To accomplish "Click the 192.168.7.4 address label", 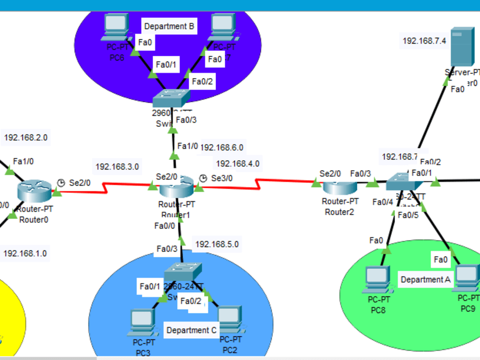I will tap(424, 41).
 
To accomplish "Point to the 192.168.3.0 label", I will tap(118, 167).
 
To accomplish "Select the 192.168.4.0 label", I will tap(238, 163).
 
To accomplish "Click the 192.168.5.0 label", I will tap(216, 244).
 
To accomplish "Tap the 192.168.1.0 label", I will tap(25, 253).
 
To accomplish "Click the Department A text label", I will tap(422, 279).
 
